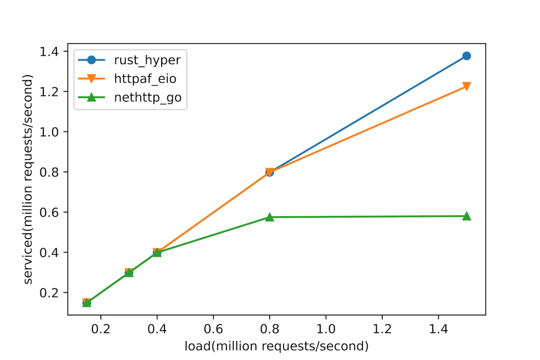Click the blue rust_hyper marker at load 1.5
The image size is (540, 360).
pos(467,56)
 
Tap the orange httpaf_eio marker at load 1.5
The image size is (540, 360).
pos(467,86)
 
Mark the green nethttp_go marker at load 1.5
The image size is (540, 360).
pos(467,216)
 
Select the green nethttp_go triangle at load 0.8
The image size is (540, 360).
pos(270,217)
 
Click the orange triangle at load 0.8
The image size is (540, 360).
pos(270,172)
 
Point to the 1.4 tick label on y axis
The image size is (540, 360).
pos(48,51)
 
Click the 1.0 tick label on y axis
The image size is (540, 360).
pos(48,132)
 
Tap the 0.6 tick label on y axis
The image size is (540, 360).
pos(48,212)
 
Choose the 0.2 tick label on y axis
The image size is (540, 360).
pos(48,293)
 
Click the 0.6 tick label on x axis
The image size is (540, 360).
pos(213,329)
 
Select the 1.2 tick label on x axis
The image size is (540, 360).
pos(382,329)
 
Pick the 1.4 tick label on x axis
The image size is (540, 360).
pos(438,329)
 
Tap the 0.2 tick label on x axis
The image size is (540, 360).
pos(101,329)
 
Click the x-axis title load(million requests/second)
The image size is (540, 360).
pos(276,346)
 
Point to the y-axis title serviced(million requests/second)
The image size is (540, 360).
pos(28,179)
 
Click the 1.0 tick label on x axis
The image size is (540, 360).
pos(326,329)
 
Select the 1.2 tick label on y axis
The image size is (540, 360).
pos(48,92)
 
